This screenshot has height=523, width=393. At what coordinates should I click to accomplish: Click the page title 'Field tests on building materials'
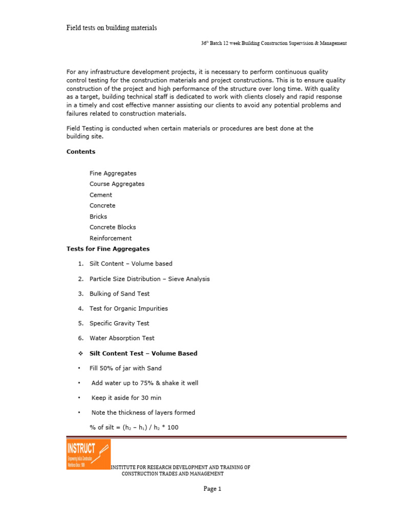(x=112, y=28)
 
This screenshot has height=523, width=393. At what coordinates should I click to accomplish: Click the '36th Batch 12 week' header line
(x=274, y=43)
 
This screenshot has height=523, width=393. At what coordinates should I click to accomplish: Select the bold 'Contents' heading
(x=81, y=152)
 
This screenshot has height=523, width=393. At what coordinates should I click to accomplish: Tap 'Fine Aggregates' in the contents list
(x=113, y=174)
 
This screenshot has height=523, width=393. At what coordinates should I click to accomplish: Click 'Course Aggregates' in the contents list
(x=117, y=184)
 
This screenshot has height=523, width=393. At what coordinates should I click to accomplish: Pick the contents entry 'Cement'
(x=101, y=195)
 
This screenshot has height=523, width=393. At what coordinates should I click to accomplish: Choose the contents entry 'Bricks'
(x=98, y=217)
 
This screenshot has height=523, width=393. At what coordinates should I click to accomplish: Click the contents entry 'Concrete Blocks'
(x=113, y=227)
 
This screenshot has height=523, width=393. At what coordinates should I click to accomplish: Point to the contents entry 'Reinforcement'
(x=111, y=239)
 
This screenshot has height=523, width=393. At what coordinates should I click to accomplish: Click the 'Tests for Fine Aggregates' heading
(x=108, y=249)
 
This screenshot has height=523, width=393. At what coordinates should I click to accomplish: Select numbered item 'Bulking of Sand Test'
(x=119, y=294)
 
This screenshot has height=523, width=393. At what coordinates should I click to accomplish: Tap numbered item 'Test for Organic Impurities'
(x=128, y=308)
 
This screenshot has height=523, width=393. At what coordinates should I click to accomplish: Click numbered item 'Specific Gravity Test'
(x=119, y=323)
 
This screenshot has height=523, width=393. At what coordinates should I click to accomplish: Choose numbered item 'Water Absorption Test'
(x=122, y=338)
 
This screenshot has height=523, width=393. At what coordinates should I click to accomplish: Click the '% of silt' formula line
(x=134, y=427)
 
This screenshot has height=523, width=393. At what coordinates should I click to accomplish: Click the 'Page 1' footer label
(x=212, y=489)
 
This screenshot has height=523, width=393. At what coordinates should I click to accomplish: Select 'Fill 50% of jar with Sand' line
(x=125, y=368)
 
